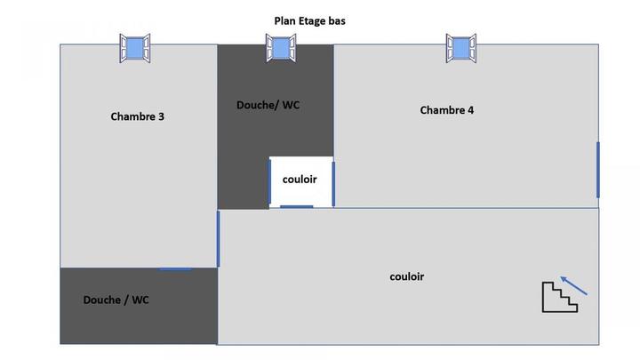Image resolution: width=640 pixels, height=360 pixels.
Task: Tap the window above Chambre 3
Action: click(x=135, y=48)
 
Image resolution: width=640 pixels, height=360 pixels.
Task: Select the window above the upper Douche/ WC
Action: click(x=280, y=48)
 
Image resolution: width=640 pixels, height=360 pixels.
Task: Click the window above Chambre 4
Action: click(x=460, y=48)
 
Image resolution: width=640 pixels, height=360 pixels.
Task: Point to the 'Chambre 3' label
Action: click(x=137, y=116)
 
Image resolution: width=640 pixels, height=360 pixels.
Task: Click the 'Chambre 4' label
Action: click(x=446, y=110)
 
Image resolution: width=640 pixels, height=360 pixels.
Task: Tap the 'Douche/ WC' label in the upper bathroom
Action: click(x=268, y=105)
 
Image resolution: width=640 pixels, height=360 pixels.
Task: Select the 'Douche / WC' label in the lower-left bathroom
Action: click(x=116, y=300)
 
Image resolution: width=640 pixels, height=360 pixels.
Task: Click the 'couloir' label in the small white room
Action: click(x=300, y=179)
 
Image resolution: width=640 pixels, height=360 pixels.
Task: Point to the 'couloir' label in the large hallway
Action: click(x=406, y=276)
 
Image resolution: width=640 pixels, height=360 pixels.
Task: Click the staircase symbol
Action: click(x=559, y=297)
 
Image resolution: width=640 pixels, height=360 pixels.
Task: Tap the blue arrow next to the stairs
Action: click(x=574, y=284)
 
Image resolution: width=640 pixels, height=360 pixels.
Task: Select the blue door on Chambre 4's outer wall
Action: click(x=597, y=169)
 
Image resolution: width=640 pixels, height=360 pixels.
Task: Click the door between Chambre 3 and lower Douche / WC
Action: click(x=175, y=268)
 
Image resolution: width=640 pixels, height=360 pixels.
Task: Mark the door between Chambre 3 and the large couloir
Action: click(x=218, y=238)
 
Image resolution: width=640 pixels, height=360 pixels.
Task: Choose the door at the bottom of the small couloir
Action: click(x=296, y=207)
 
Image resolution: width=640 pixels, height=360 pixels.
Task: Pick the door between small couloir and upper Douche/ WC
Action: click(x=270, y=181)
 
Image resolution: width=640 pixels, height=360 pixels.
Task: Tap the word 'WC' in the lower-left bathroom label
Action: click(x=140, y=300)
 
